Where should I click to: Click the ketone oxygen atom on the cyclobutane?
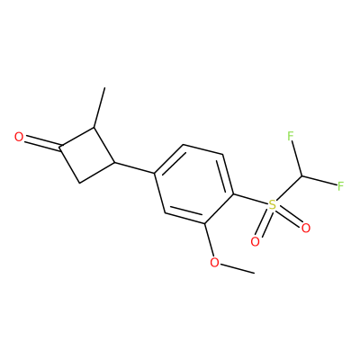coord(19,137)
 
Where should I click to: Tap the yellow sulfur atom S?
coord(272,205)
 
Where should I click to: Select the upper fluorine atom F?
coord(290,136)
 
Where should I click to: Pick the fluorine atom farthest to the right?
coord(340,186)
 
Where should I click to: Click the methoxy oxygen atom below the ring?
coord(214,263)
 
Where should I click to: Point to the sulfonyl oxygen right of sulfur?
coord(305,229)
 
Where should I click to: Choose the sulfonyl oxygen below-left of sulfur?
coord(255,241)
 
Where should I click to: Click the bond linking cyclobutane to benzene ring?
coord(134,168)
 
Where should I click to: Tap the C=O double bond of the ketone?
coord(42,143)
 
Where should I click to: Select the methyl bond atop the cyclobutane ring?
coord(100,108)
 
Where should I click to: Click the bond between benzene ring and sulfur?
coord(250,200)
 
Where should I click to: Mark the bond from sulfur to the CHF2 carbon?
coord(289,189)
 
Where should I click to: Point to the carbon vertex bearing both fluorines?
coord(302,175)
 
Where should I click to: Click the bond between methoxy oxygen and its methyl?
coord(237,268)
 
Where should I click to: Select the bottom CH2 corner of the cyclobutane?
coord(78,183)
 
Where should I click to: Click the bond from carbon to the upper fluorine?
coord(297,158)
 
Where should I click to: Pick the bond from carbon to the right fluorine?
coord(319,180)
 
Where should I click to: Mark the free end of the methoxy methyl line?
coord(255,274)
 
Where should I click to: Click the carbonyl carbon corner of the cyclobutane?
coord(60,147)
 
